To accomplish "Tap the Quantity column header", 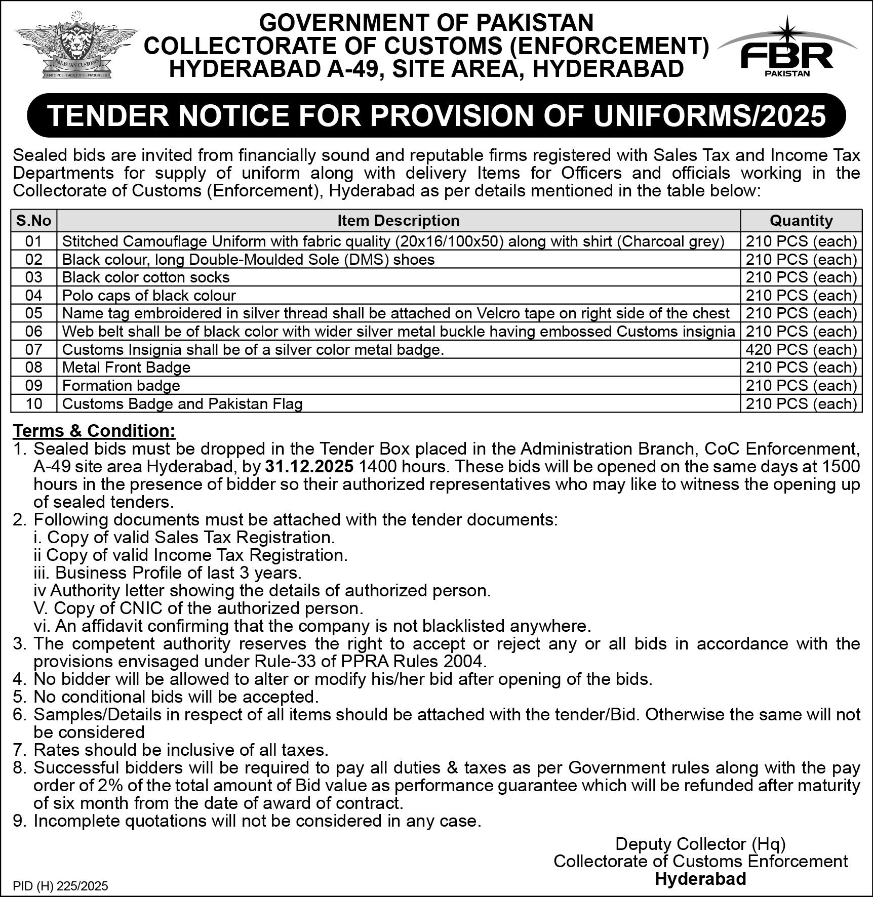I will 801,221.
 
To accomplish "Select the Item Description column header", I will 399,221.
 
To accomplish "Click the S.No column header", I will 34,221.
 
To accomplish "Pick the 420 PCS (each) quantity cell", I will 801,349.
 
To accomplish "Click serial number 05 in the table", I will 34,313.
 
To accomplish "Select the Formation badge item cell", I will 121,386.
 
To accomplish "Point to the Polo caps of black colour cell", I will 149,295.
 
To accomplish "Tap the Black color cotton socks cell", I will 146,277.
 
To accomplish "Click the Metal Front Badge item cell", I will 126,368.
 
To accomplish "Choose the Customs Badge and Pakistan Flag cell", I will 182,404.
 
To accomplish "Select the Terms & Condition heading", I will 94,431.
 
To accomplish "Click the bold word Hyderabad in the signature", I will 700,879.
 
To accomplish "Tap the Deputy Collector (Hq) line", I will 700,844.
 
